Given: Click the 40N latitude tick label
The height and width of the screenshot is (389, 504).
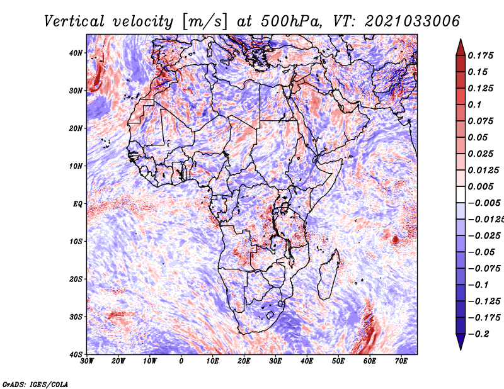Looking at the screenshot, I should coord(76,53).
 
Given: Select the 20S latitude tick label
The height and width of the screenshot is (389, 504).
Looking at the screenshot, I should coord(76,279).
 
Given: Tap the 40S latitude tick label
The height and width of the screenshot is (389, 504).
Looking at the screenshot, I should coord(76,354).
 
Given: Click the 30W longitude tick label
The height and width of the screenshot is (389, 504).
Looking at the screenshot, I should coord(88,361).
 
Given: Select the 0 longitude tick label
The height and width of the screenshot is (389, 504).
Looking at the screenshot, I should coord(181,361).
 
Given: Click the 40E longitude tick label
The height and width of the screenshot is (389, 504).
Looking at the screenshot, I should coord(307,361).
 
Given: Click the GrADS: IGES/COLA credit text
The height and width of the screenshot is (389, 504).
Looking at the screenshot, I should coord(35,383).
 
